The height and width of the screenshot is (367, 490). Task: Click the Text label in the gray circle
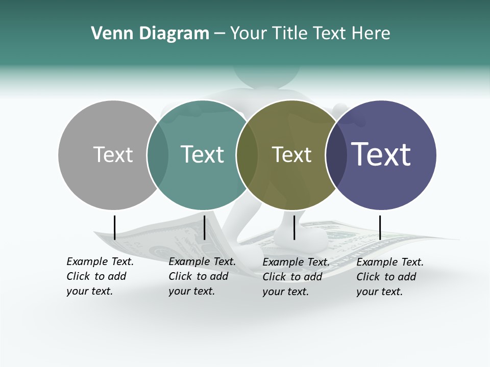pyautogui.click(x=113, y=154)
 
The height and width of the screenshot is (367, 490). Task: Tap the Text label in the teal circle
pyautogui.click(x=202, y=154)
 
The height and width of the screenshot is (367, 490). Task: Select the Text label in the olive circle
pyautogui.click(x=291, y=154)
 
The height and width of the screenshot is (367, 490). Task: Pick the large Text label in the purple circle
pyautogui.click(x=381, y=154)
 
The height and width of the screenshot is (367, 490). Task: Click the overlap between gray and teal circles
pyautogui.click(x=158, y=155)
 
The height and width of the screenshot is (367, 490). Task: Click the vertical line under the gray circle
pyautogui.click(x=115, y=227)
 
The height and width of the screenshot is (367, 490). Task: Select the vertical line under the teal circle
pyautogui.click(x=204, y=227)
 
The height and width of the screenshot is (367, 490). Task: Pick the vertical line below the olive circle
pyautogui.click(x=294, y=227)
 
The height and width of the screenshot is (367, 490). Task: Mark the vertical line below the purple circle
pyautogui.click(x=380, y=227)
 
